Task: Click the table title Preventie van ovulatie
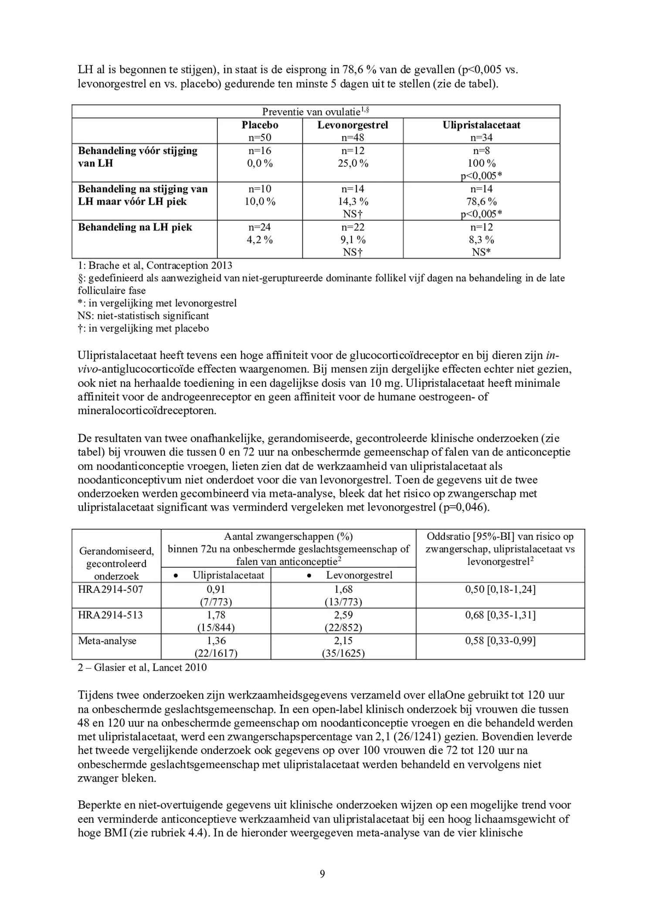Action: (x=315, y=112)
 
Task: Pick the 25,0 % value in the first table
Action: (x=353, y=163)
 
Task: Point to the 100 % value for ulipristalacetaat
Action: (x=481, y=163)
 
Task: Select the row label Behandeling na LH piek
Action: (x=135, y=227)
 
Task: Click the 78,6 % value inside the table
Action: (x=481, y=202)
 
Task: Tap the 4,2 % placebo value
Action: (x=260, y=240)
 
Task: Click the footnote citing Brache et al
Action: (x=155, y=265)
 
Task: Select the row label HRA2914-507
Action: (x=110, y=589)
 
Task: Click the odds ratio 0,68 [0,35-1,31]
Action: (x=500, y=615)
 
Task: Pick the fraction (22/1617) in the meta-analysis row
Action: (x=216, y=653)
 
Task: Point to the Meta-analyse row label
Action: (x=107, y=641)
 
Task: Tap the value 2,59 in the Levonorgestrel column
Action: (x=343, y=615)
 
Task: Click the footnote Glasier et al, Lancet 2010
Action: (x=142, y=667)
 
